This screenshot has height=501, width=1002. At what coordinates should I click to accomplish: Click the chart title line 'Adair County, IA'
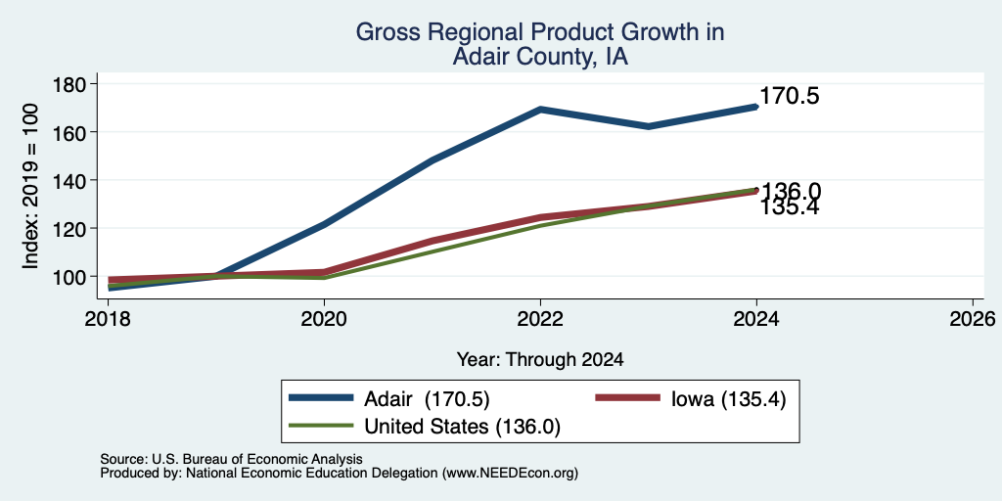point(540,57)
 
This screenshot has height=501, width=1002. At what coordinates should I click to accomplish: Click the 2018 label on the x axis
point(108,318)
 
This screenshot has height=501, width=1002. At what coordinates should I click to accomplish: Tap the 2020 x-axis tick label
point(324,318)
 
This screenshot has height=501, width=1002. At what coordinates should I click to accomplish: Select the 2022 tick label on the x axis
point(540,318)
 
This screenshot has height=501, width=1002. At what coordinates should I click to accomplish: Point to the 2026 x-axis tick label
point(974,318)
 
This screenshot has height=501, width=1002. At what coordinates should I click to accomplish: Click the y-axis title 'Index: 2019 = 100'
point(30,186)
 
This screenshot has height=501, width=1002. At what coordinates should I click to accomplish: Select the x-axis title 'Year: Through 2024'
point(540,360)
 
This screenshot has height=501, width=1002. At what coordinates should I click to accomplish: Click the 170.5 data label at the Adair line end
point(790,97)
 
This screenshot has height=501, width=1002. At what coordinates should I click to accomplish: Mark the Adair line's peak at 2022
point(540,110)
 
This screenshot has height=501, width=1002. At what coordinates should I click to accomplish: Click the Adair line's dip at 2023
point(649,126)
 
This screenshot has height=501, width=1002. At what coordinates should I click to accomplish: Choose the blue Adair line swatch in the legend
point(321,398)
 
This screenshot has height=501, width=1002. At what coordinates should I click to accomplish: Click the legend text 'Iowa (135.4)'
point(728,399)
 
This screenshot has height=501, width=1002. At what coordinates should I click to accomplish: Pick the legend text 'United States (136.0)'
point(462,427)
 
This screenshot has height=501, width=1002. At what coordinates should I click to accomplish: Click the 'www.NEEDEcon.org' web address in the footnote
point(509,474)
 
